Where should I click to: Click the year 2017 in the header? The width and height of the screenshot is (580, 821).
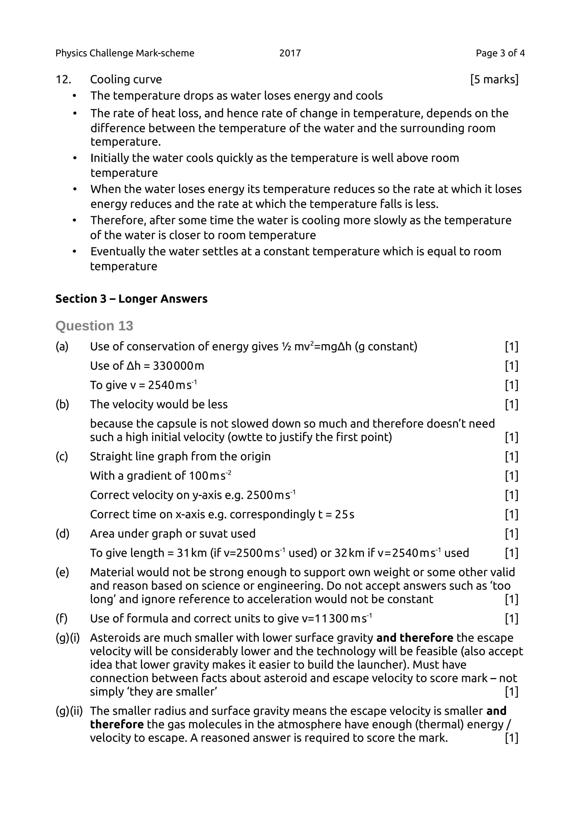(x=290, y=53)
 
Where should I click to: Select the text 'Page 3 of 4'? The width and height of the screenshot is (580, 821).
(x=500, y=53)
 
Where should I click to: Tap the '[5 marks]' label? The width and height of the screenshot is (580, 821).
(x=494, y=80)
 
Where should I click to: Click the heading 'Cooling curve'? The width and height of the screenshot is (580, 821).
(x=126, y=80)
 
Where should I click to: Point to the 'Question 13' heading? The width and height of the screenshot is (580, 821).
(x=94, y=326)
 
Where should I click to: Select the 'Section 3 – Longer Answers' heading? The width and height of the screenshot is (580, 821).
(x=131, y=299)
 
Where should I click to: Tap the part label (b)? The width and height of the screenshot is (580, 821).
(x=62, y=404)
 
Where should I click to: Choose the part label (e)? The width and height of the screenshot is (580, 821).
(x=62, y=572)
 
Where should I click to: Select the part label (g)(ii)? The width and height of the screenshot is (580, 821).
(x=69, y=711)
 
